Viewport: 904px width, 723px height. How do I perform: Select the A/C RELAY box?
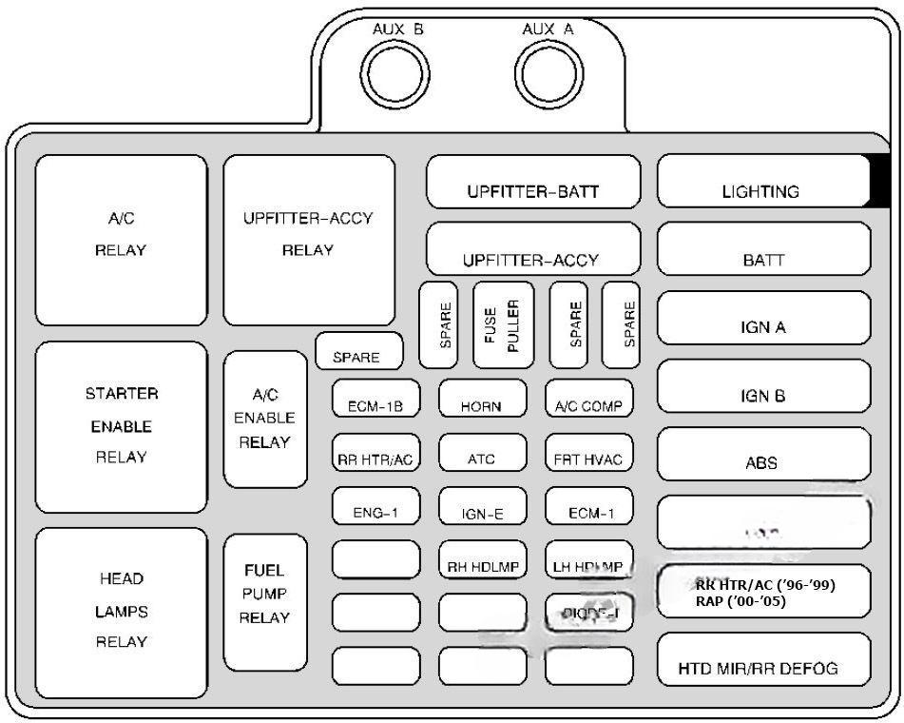click(x=121, y=240)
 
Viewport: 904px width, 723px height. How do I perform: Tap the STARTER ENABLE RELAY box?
click(x=121, y=426)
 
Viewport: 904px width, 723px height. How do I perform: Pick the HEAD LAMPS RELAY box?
click(x=121, y=613)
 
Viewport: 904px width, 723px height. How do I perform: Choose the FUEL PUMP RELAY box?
click(x=265, y=602)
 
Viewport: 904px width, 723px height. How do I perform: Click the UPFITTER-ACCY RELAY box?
click(x=308, y=240)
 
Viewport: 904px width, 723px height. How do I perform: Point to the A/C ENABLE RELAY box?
click(x=265, y=420)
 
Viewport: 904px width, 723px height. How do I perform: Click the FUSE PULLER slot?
click(x=503, y=324)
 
